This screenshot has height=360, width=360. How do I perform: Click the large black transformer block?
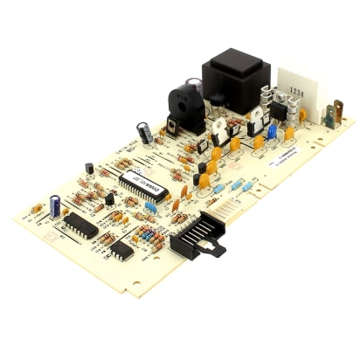coord(233,78)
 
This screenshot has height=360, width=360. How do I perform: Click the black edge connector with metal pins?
coord(194,235)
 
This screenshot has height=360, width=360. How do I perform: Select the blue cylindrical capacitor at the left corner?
coord(55,206)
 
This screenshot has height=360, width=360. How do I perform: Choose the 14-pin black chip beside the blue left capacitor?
coord(80,225)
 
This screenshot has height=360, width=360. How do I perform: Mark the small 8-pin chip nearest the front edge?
coord(121,252)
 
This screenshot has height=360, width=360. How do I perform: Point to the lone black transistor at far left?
coord(89,168)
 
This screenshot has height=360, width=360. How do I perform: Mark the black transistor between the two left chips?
coord(109,199)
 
